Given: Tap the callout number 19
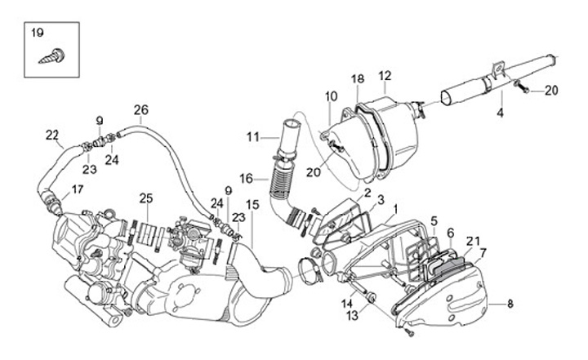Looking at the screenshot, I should (x=37, y=33).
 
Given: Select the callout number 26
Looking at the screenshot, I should (x=140, y=110).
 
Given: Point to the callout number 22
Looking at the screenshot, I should (x=52, y=135).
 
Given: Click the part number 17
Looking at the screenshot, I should (x=77, y=189).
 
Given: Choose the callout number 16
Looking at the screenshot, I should (x=247, y=176).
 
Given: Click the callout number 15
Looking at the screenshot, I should (x=252, y=203).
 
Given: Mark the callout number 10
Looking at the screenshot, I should (x=331, y=96).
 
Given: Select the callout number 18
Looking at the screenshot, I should (x=358, y=78).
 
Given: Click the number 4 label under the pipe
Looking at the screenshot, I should (x=499, y=114).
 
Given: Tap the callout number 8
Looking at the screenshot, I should (x=510, y=304).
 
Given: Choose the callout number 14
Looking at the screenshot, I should (x=346, y=304).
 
